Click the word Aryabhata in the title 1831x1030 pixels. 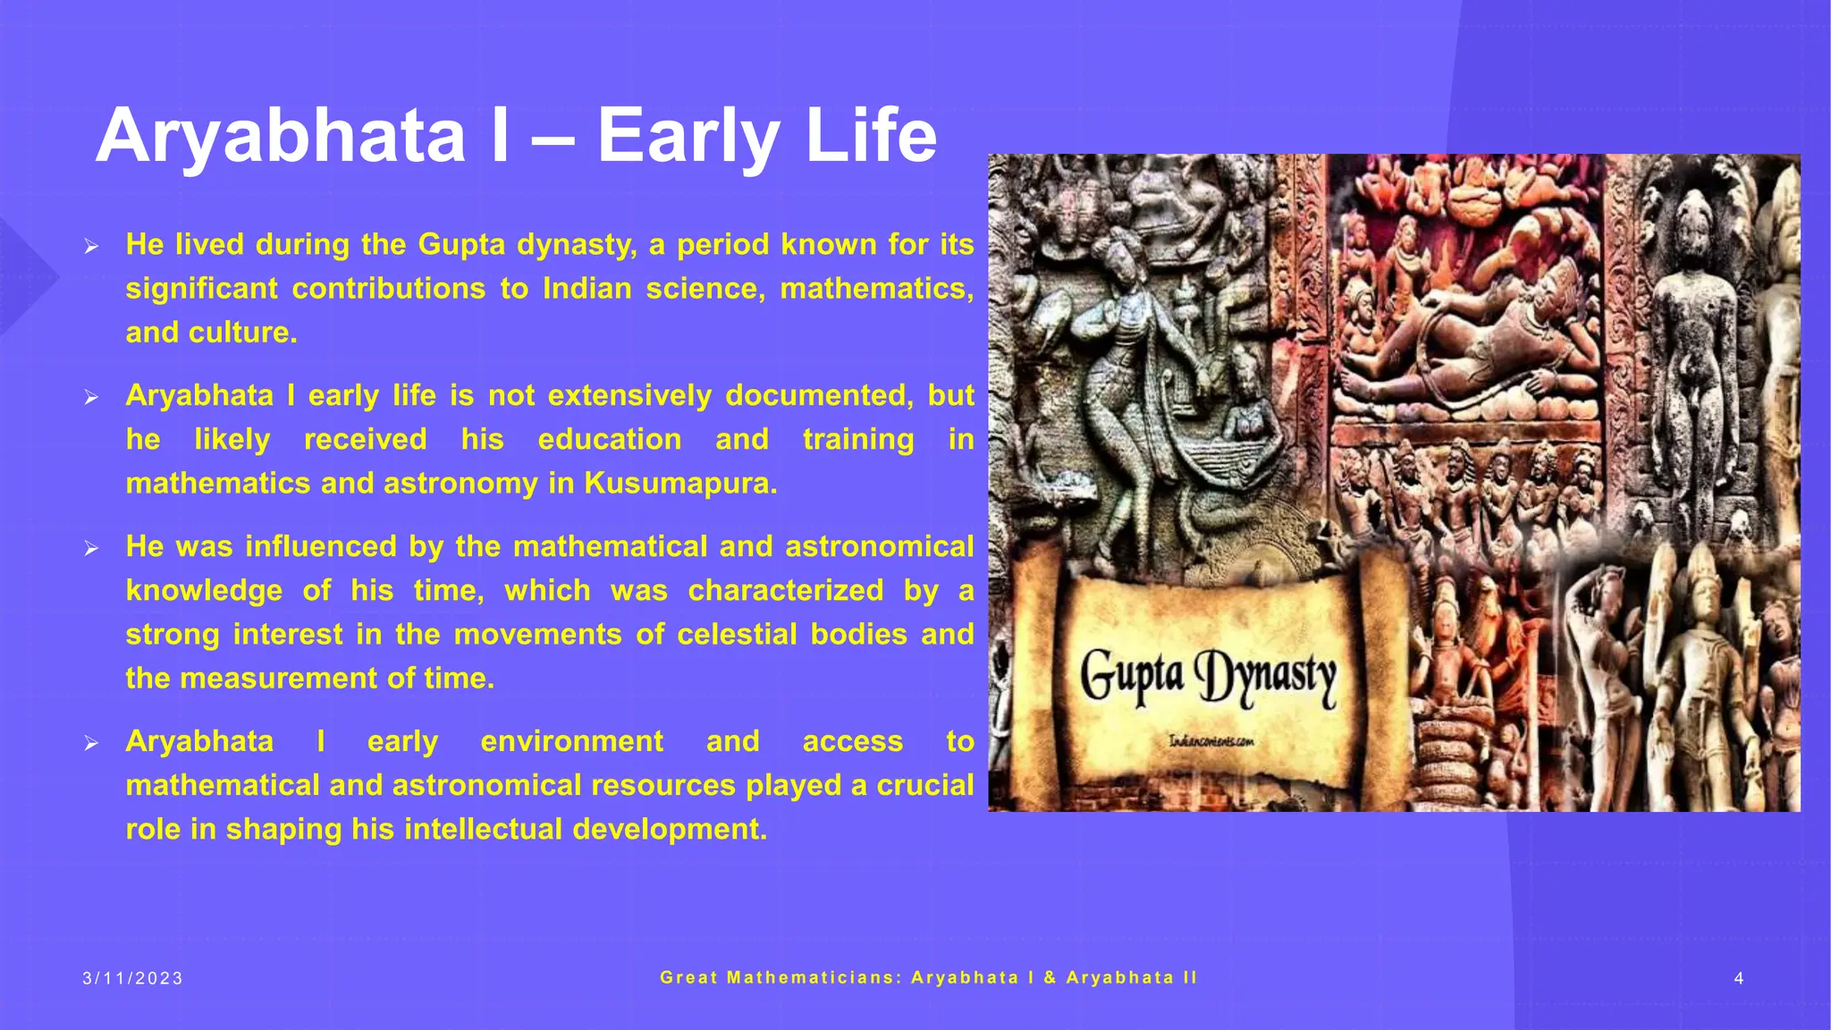click(x=281, y=137)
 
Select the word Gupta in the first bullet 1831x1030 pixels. click(x=462, y=244)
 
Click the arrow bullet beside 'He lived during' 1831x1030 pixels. click(x=90, y=247)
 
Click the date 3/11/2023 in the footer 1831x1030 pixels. click(x=133, y=979)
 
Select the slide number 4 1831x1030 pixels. click(x=1738, y=979)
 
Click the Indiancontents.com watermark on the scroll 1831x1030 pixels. click(x=1211, y=741)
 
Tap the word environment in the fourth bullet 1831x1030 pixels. click(x=572, y=742)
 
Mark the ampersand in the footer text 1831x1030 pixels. click(x=1050, y=978)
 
